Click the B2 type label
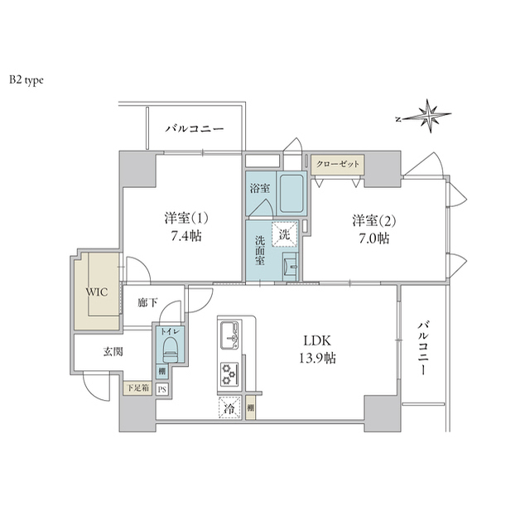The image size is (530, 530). pos(26,80)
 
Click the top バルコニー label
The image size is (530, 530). pos(194,128)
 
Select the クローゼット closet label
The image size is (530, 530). pos(339,164)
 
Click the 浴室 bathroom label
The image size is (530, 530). pos(258,189)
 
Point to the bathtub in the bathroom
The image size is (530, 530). pos(290,195)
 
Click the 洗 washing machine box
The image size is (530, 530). pos(284,235)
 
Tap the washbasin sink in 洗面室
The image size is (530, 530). pos(290,267)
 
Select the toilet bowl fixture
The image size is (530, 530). pos(170,348)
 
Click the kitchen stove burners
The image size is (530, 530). pos(229,373)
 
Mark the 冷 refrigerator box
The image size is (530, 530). pos(229,407)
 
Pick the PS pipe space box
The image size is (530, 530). pos(163,388)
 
